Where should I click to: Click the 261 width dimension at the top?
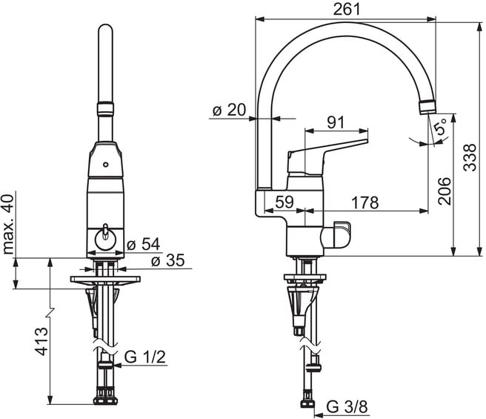click(x=346, y=9)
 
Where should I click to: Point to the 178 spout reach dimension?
click(x=365, y=202)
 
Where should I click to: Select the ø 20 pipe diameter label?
click(x=228, y=110)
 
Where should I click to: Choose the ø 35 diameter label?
click(x=167, y=261)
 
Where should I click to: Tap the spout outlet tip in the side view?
click(x=427, y=105)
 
